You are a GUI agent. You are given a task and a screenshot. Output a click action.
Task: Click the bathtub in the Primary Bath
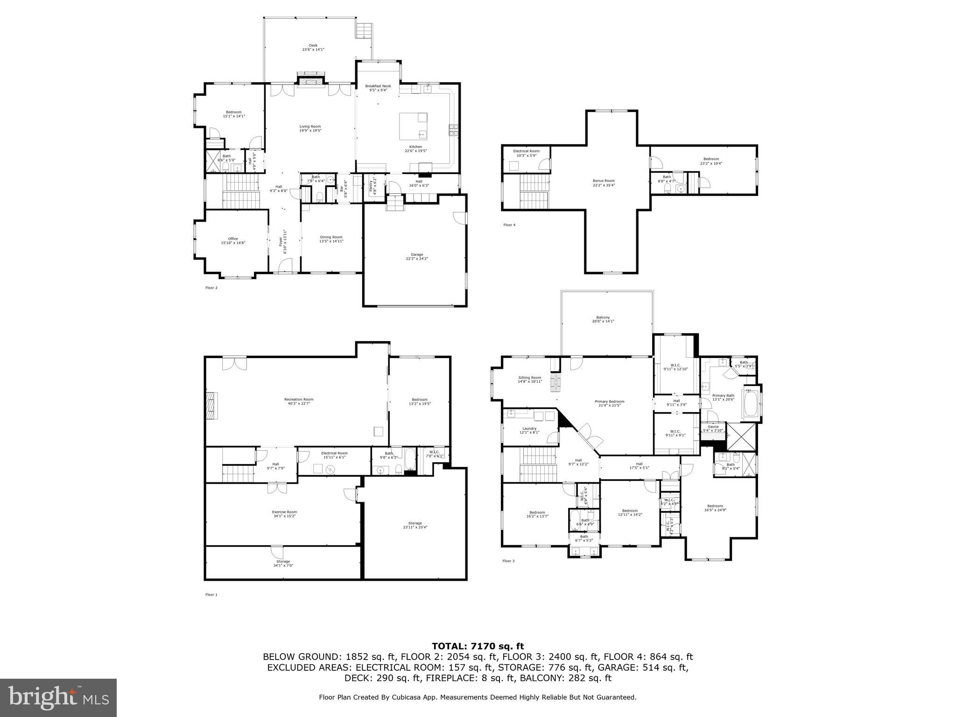coord(751,404)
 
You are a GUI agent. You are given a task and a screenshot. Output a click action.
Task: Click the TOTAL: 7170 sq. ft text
coord(478,646)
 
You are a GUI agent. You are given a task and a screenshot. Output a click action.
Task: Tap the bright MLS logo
coord(58,697)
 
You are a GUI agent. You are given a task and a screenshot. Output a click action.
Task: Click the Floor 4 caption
coord(509,225)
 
